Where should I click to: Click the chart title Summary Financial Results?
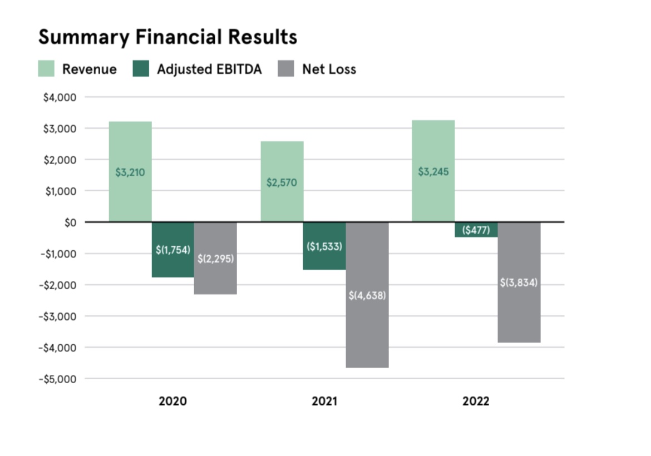(x=167, y=37)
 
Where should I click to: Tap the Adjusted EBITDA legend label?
(x=209, y=69)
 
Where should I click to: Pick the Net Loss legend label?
(x=329, y=70)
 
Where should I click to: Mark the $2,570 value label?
(x=282, y=182)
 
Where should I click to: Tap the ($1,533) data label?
(x=324, y=246)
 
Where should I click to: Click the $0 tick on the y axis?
(x=69, y=222)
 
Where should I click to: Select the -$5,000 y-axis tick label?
(x=57, y=379)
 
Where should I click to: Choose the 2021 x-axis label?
(x=324, y=401)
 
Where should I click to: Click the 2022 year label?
(x=476, y=401)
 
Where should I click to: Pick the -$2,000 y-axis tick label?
(x=57, y=285)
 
